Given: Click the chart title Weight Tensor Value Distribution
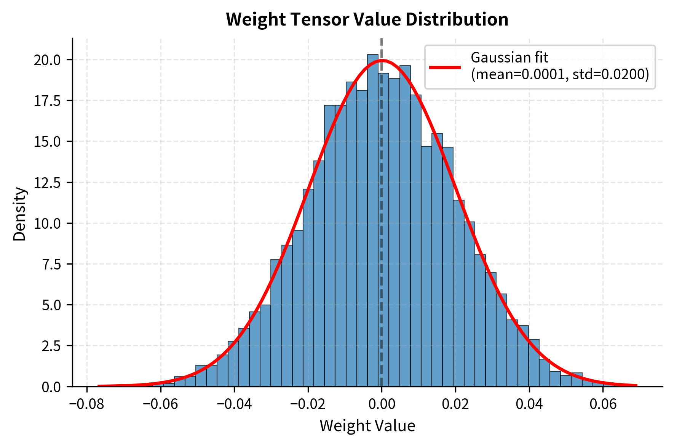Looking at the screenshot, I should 367,19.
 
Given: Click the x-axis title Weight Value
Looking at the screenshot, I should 367,426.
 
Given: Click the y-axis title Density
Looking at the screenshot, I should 19,214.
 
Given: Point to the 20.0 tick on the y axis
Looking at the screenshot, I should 47,60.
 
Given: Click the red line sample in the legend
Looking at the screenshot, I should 445,67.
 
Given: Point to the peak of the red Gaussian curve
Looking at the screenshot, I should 382,60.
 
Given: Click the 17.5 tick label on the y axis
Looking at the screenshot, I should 47,101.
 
